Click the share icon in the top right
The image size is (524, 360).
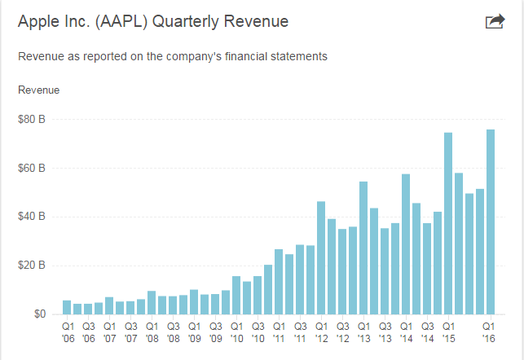tap(495, 22)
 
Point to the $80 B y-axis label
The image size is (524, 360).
tap(31, 120)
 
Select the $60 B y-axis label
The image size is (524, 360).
tap(31, 169)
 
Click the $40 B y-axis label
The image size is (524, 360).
tap(31, 217)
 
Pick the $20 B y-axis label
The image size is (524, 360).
tap(31, 266)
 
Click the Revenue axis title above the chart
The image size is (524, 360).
tap(38, 89)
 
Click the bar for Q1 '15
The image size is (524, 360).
tap(448, 223)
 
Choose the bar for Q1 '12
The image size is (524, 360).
tap(321, 257)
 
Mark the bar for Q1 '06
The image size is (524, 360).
tap(67, 307)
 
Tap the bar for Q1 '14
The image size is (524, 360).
tap(406, 244)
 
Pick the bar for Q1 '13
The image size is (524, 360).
tap(363, 248)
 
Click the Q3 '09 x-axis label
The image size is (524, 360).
tap(215, 331)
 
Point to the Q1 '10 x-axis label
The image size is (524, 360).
tap(236, 331)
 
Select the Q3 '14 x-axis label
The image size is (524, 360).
tap(427, 331)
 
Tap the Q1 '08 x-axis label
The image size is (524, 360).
tap(152, 331)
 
